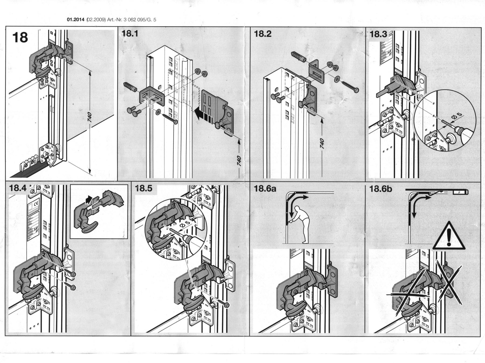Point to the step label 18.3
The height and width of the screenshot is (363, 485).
click(379, 34)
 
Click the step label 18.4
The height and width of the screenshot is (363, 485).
click(18, 188)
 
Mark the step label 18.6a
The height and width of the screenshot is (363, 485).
click(265, 189)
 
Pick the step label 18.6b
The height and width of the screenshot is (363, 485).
click(381, 189)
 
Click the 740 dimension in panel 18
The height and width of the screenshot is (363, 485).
click(90, 117)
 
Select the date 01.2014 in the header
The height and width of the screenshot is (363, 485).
click(74, 20)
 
